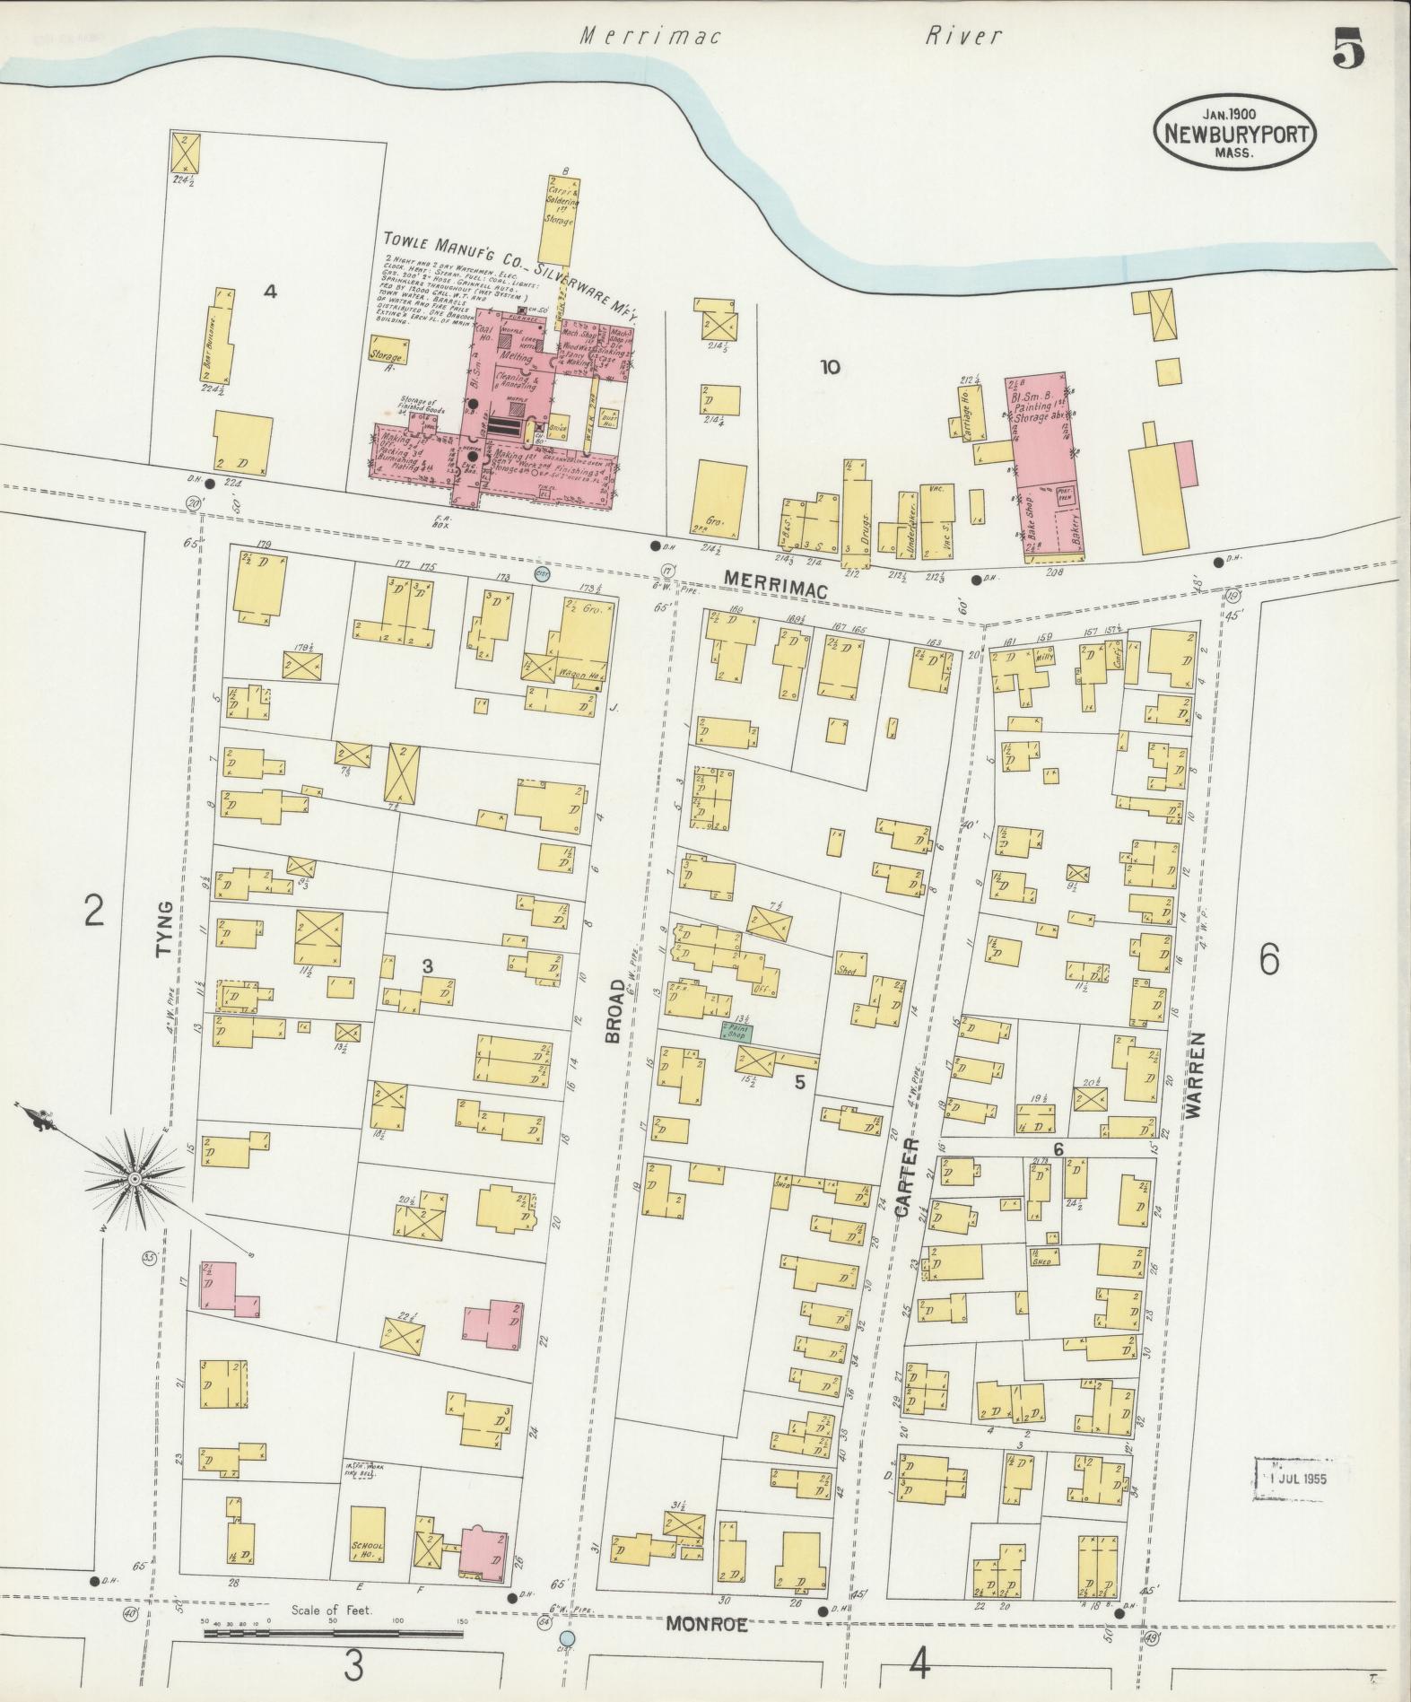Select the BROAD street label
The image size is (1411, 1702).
click(614, 1011)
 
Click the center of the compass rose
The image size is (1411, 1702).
click(134, 1177)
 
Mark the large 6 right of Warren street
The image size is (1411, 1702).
click(1268, 960)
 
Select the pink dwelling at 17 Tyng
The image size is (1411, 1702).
click(224, 1289)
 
